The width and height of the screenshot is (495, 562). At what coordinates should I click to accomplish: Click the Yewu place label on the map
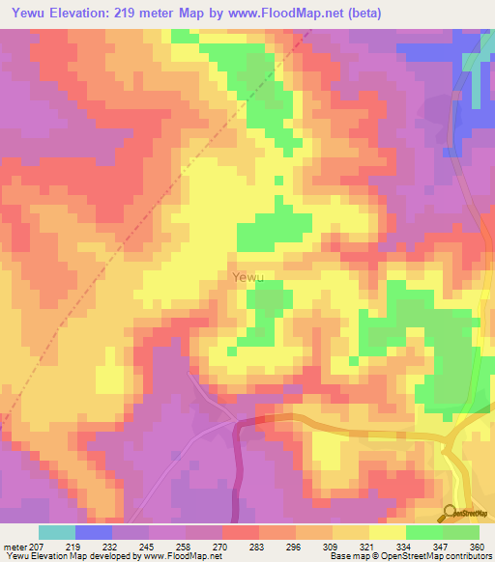point(247,277)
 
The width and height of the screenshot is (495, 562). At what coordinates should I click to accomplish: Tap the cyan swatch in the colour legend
point(57,532)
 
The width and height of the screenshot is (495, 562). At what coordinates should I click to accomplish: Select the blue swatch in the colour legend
point(94,532)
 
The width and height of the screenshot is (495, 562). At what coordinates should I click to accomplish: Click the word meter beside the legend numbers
point(16,546)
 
